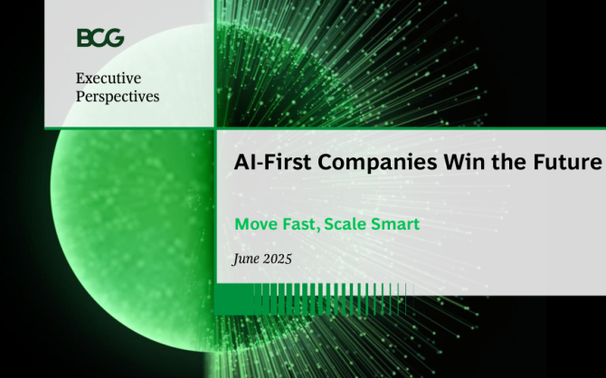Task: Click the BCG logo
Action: click(100, 38)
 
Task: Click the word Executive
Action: click(109, 78)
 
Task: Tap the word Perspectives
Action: click(118, 97)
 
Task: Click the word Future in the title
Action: click(567, 162)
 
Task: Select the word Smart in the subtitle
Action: click(395, 224)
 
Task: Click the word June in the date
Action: click(246, 259)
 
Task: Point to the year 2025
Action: click(278, 259)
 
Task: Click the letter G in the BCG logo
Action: click(116, 38)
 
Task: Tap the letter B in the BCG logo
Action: click(84, 38)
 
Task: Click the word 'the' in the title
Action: click(509, 162)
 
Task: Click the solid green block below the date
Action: click(234, 299)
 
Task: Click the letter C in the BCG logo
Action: click(99, 38)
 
